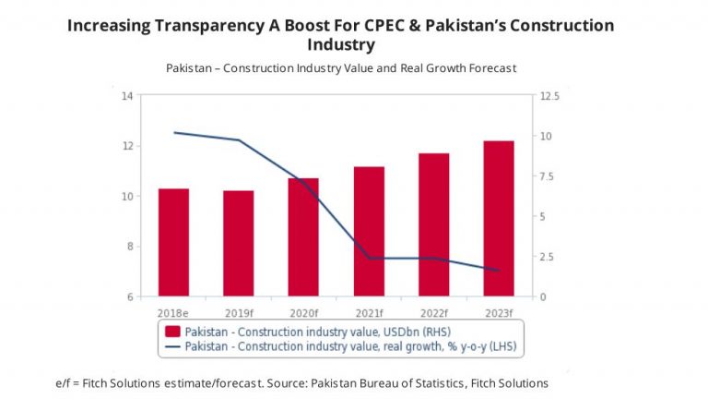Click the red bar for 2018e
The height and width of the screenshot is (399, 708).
coord(173,242)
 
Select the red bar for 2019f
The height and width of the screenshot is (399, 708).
coord(238,243)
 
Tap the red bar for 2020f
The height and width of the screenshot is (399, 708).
coord(302,236)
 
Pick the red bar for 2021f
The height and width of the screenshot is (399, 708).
coord(369,231)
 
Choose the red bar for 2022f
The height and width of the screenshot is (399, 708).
coord(433,224)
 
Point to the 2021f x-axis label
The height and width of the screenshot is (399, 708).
coord(369,312)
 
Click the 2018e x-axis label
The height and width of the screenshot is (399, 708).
coord(173,312)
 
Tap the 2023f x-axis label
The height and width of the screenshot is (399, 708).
coord(498,312)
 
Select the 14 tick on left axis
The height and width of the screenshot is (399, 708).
coord(127,95)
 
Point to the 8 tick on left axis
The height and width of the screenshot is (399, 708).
coord(130,246)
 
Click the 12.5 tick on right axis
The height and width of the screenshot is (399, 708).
coord(549,95)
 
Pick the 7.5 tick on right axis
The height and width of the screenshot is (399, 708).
coord(547,175)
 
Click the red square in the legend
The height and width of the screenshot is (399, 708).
coord(172,331)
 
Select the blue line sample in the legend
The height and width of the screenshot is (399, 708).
coord(172,346)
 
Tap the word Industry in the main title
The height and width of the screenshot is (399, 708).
coord(342,44)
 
